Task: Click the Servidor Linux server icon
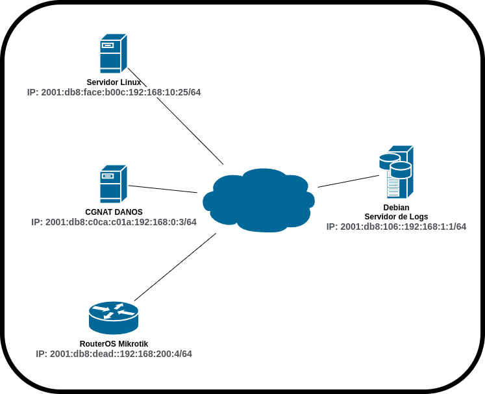[113, 53]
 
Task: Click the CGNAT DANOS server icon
[113, 184]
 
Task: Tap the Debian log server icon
[397, 172]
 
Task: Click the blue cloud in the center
[258, 199]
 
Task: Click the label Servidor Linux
[114, 82]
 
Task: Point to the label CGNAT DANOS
[114, 212]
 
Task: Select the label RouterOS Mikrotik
[114, 344]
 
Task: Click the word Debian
[396, 208]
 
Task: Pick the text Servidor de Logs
[396, 217]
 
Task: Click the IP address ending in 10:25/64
[114, 93]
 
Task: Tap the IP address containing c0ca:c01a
[114, 222]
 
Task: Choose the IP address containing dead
[114, 354]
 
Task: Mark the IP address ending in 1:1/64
[396, 227]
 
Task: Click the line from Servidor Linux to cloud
[188, 130]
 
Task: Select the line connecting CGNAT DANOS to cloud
[162, 189]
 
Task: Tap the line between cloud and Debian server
[348, 180]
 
